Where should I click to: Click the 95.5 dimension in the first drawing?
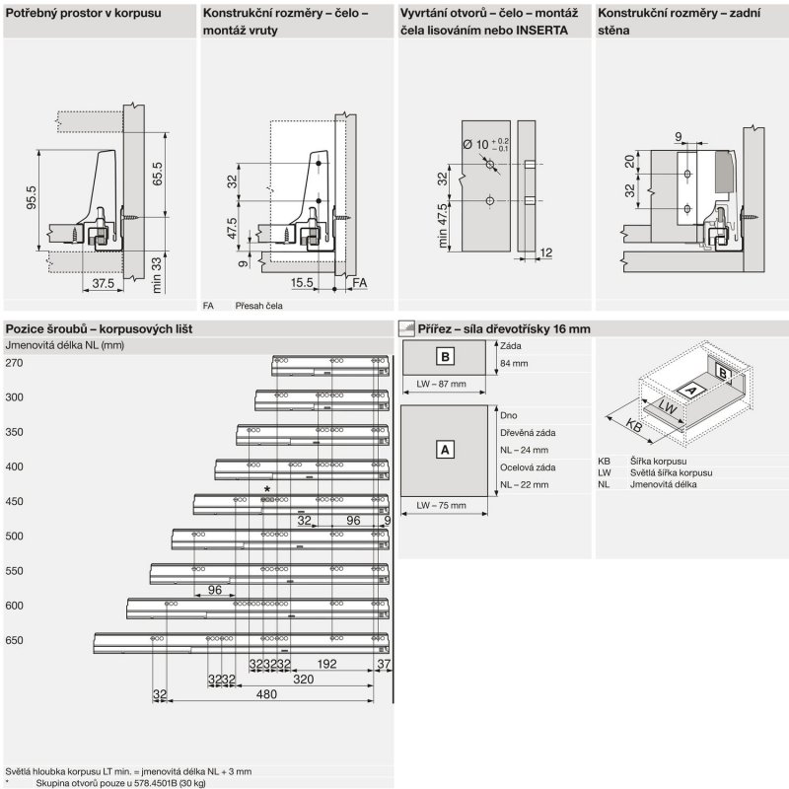[31, 198]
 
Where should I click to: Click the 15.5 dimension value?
[302, 282]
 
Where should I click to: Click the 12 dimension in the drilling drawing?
[545, 253]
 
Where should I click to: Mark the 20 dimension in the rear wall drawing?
[629, 161]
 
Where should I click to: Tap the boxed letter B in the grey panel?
[445, 357]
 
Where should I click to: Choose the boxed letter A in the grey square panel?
[445, 449]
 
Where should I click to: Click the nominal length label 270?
[14, 363]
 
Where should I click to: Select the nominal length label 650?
[14, 640]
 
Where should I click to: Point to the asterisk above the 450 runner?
[267, 490]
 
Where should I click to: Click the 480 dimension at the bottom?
[266, 694]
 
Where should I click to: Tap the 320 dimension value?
[304, 680]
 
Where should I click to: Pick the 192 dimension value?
[327, 664]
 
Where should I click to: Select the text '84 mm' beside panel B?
[515, 364]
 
